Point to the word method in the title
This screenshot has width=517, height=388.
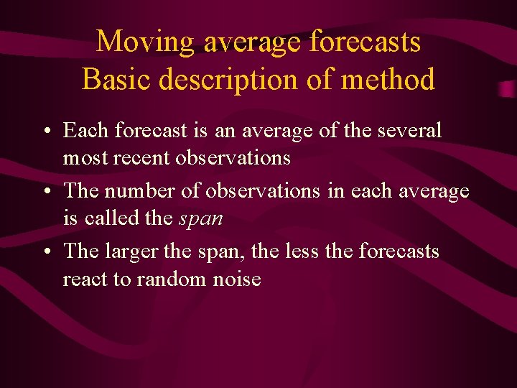(x=388, y=79)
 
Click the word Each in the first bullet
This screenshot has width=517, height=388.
(x=85, y=131)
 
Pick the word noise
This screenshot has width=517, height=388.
(x=237, y=280)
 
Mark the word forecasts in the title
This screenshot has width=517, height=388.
(x=365, y=42)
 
